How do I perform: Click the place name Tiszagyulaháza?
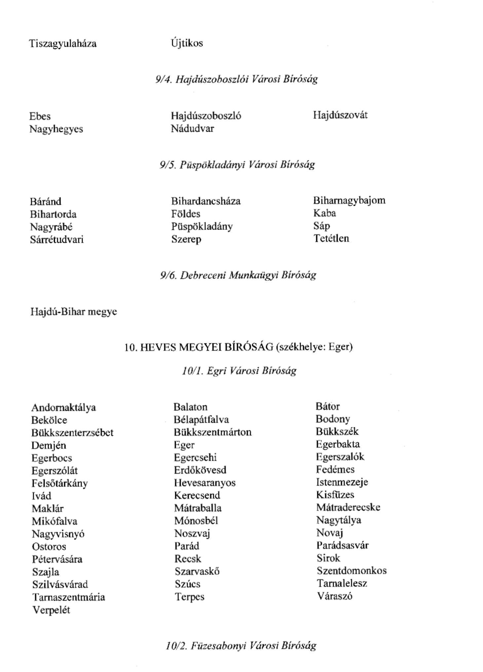click(x=63, y=44)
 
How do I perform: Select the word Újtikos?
click(x=187, y=43)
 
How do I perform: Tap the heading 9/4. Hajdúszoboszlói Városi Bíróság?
click(x=237, y=79)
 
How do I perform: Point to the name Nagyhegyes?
click(x=56, y=129)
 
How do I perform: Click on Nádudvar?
click(x=192, y=128)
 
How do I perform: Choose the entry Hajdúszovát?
click(x=340, y=115)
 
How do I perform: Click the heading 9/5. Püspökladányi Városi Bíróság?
click(x=237, y=164)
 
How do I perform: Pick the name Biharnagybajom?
click(x=349, y=200)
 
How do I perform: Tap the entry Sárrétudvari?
click(x=57, y=239)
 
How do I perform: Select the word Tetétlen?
click(x=331, y=238)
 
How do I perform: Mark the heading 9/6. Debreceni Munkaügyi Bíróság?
click(x=238, y=275)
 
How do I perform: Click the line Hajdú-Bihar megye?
click(x=74, y=312)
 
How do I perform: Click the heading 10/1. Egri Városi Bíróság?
click(x=239, y=371)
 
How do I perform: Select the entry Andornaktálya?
click(x=63, y=407)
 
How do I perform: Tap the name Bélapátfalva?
click(x=201, y=420)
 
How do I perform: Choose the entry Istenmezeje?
click(x=342, y=482)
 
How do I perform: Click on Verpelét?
click(x=51, y=610)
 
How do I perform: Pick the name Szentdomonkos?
click(x=352, y=571)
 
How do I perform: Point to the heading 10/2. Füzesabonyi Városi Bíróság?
click(x=241, y=645)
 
